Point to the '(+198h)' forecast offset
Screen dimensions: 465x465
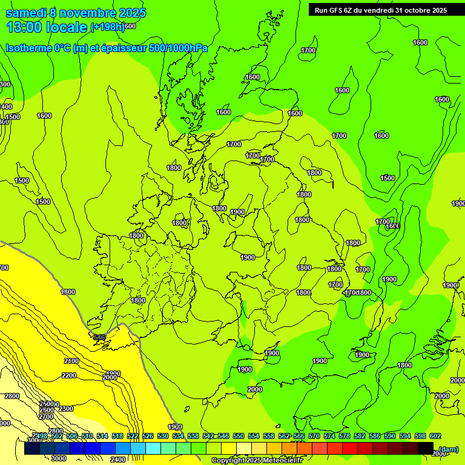point(108,27)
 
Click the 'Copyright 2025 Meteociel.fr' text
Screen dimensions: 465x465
point(257,461)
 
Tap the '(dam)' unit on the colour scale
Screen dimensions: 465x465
point(448,449)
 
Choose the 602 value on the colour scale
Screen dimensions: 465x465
point(434,436)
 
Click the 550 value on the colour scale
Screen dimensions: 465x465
point(239,436)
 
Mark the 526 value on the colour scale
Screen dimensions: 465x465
point(148,436)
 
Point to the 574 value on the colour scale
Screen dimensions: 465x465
point(329,436)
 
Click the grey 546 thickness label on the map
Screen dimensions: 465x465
point(100,337)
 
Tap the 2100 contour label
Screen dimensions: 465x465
point(71,361)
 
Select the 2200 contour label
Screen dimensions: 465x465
point(69,375)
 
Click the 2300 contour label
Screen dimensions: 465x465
point(66,409)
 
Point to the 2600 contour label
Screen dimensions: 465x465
point(47,410)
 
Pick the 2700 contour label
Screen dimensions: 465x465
point(46,417)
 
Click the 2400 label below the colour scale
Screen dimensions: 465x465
point(119,459)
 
